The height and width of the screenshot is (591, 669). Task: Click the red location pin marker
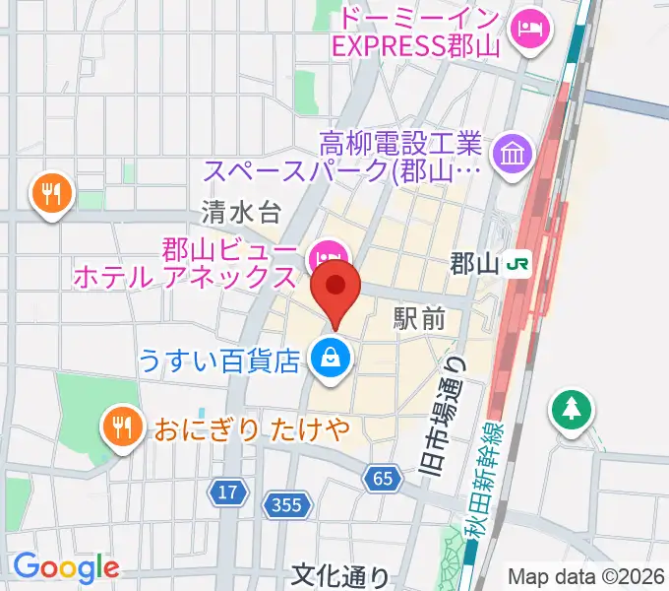click(336, 288)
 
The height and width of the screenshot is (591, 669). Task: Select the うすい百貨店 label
click(218, 361)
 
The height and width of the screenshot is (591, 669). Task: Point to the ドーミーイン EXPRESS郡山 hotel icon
click(531, 31)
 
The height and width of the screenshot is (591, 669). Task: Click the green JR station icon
click(515, 263)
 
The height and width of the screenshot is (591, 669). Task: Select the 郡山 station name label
click(473, 264)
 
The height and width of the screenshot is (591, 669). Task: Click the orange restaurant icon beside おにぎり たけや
click(121, 428)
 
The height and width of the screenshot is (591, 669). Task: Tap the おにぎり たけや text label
click(253, 430)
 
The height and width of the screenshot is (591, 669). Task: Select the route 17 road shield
click(228, 491)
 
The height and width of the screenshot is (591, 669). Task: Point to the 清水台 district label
click(241, 210)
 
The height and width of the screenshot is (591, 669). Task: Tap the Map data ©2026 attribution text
click(584, 576)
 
